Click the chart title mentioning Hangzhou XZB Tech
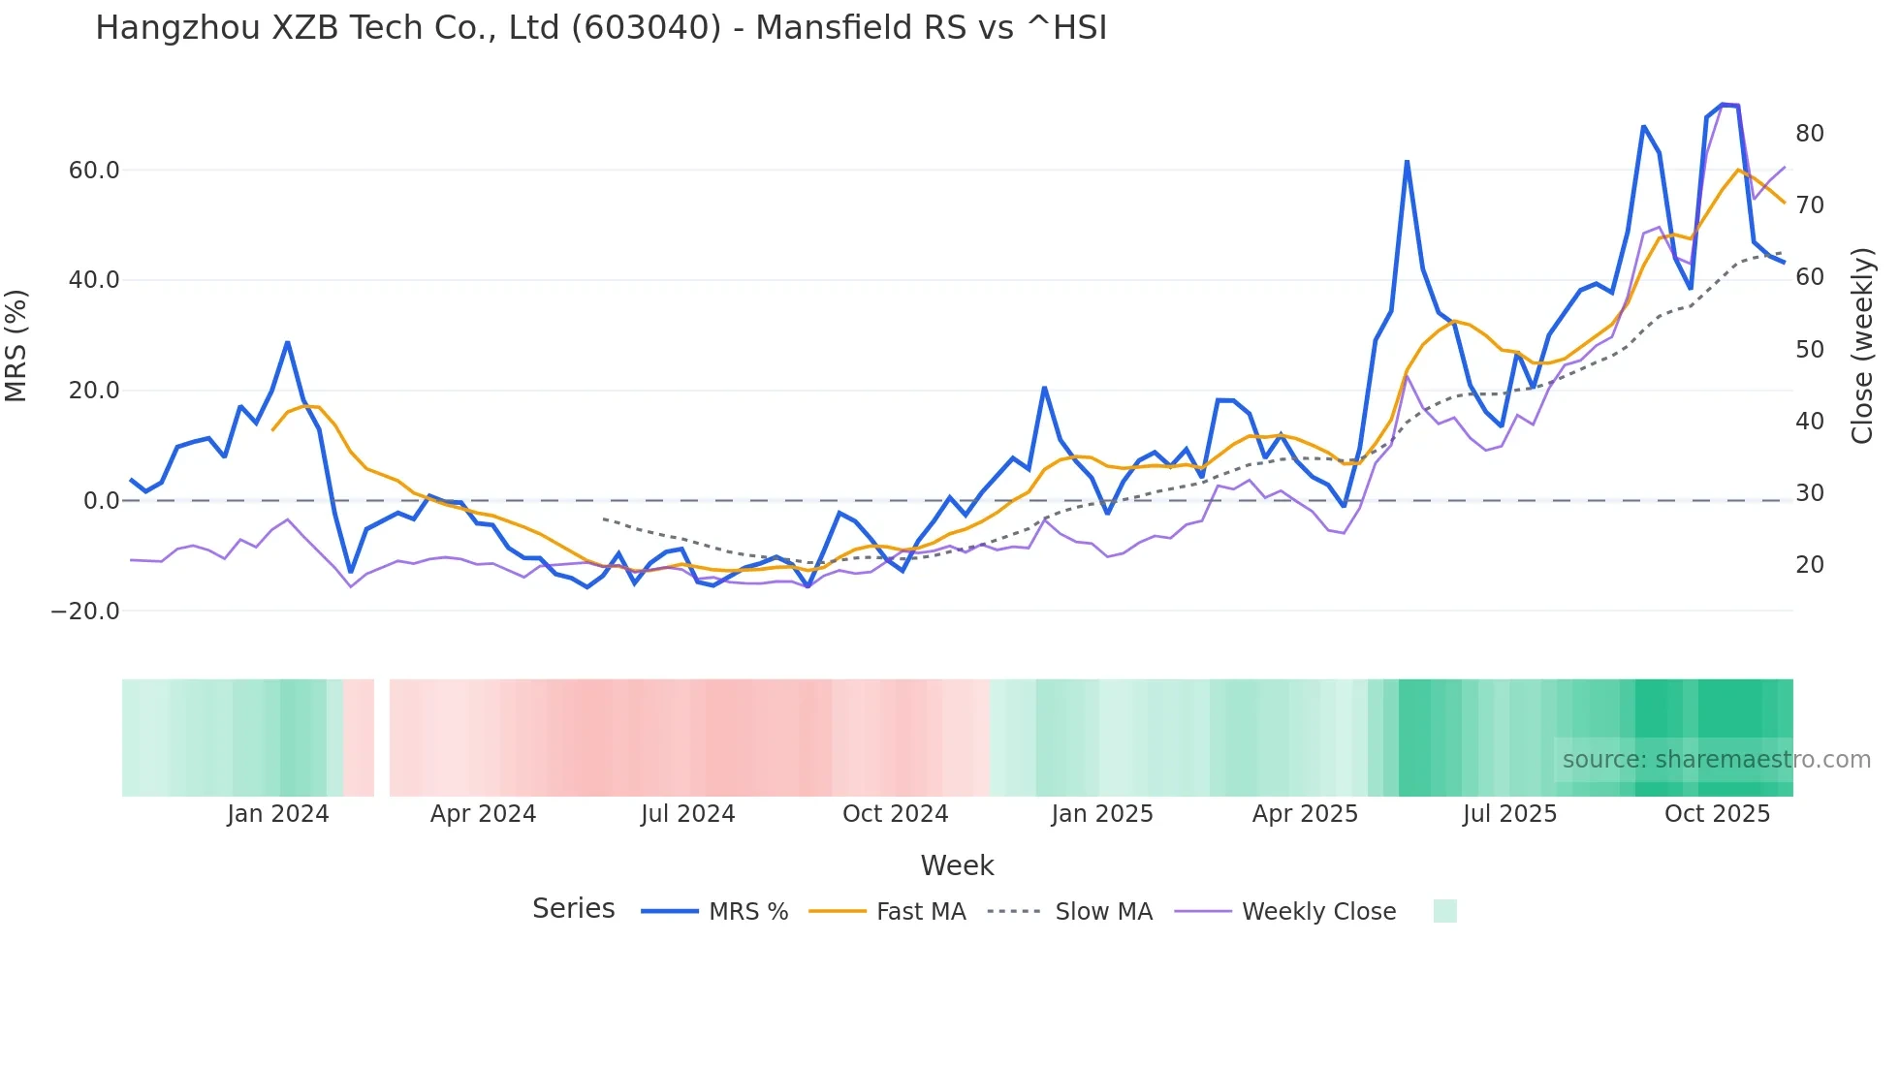[601, 28]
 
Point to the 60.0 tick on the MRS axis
[94, 171]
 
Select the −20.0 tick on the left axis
[85, 612]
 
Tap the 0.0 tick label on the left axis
[101, 501]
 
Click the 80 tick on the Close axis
[1809, 134]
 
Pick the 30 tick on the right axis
[1809, 493]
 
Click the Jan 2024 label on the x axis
[278, 814]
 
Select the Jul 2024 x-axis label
[688, 814]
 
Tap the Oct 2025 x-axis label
[1717, 814]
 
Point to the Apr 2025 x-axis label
[1305, 814]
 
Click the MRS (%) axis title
[16, 346]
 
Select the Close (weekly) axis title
[1862, 346]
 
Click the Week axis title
[957, 865]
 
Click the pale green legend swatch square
[1444, 911]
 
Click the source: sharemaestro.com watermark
[1716, 760]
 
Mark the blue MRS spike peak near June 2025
[1407, 162]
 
